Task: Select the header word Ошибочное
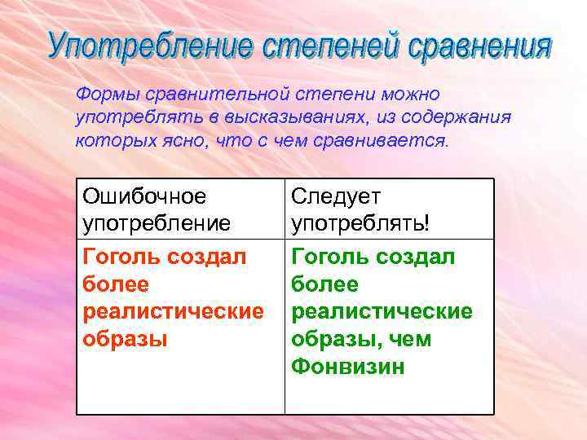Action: pos(144,196)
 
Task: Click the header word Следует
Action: pos(336,196)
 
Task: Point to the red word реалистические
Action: pos(173,311)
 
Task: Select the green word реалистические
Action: pos(382,311)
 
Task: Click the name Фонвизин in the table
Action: pos(347,366)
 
